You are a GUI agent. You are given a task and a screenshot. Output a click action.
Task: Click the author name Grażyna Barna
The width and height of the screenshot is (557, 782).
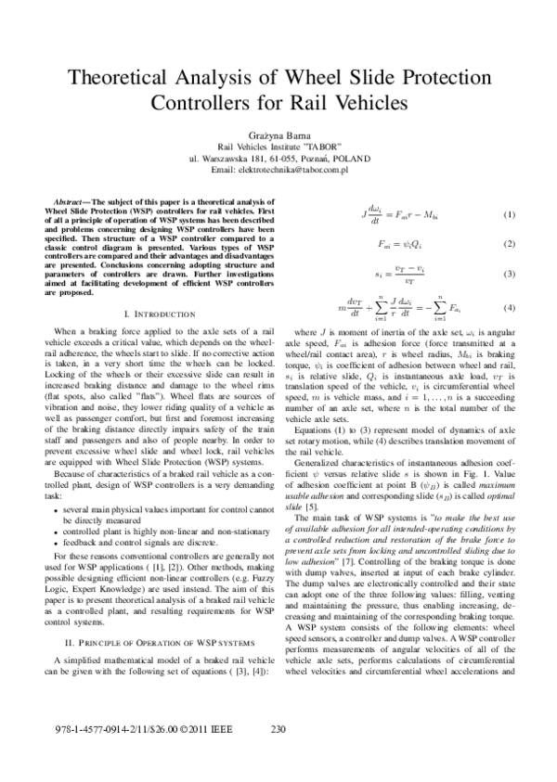[x=278, y=135]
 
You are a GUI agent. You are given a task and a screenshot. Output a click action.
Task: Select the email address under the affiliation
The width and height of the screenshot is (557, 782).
[x=278, y=171]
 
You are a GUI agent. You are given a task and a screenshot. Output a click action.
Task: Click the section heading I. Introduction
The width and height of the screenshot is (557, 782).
[x=150, y=315]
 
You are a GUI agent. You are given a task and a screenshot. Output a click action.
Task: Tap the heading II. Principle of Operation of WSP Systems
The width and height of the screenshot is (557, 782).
[x=150, y=617]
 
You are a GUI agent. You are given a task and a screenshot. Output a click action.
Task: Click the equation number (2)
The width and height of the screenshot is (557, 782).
[x=508, y=244]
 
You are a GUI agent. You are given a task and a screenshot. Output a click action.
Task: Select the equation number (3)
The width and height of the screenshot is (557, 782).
[x=508, y=275]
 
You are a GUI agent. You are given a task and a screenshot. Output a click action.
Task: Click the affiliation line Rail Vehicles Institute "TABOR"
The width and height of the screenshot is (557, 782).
[x=278, y=147]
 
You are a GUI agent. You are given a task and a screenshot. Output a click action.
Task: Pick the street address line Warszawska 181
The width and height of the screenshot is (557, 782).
[x=278, y=159]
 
